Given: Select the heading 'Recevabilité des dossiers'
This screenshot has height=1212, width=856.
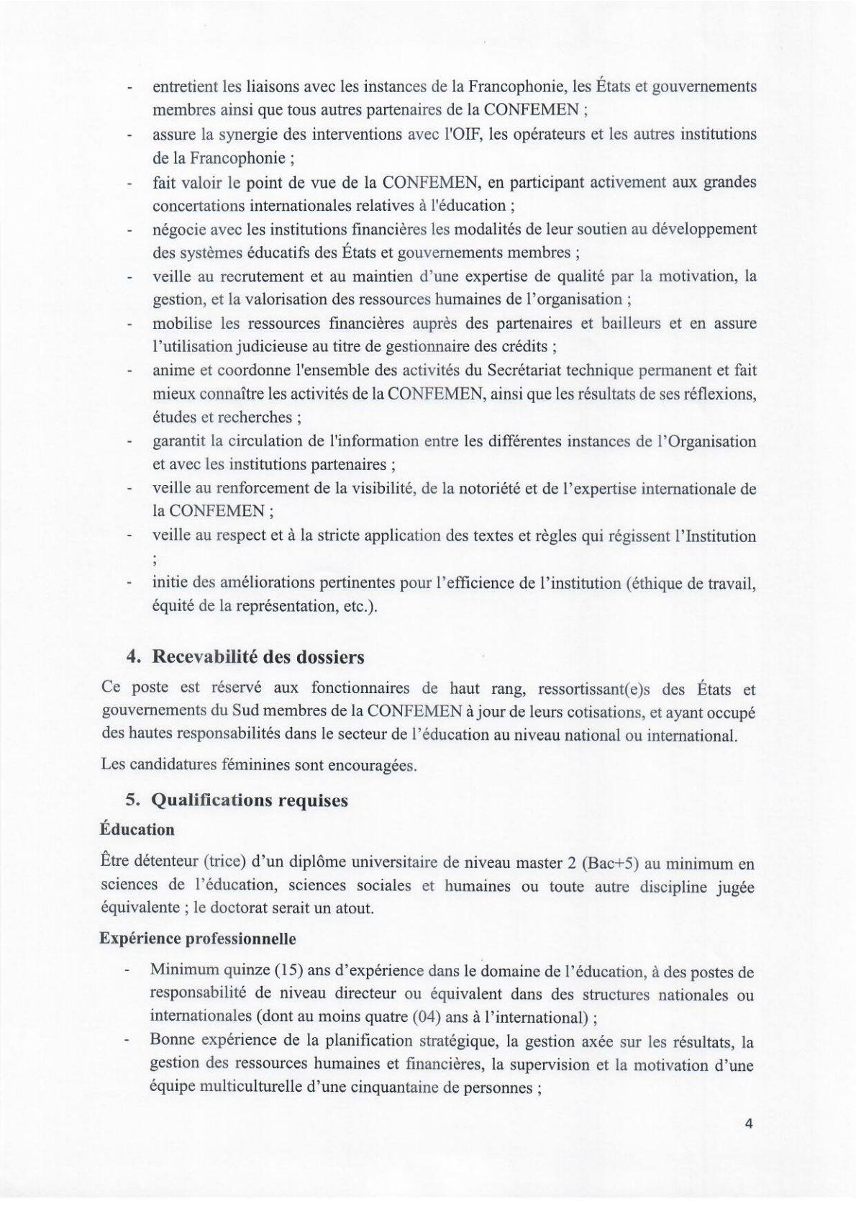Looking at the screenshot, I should click(256, 657).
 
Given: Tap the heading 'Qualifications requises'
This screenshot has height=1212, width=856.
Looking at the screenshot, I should click(249, 800).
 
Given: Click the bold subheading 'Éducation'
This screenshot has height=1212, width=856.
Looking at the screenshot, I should click(137, 829).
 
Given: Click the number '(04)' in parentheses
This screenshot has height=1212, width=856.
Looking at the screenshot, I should click(424, 1017).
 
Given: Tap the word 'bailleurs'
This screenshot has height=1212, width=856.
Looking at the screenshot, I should click(629, 323).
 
